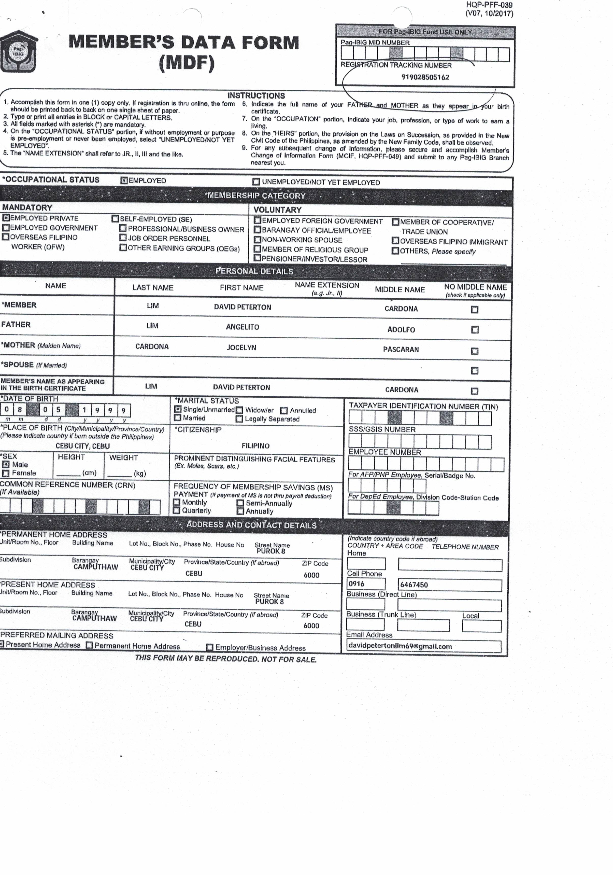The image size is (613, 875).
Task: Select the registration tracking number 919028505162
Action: click(425, 77)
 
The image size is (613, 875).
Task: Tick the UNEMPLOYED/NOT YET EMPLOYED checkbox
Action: click(256, 182)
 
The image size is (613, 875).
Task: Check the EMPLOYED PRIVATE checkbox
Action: click(6, 218)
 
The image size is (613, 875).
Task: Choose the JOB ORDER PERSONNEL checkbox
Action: click(123, 238)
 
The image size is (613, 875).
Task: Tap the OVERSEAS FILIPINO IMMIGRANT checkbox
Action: click(395, 241)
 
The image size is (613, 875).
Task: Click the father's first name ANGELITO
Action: click(242, 327)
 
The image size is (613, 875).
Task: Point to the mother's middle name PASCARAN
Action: click(401, 350)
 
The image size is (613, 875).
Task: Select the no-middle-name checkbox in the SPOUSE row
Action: click(474, 370)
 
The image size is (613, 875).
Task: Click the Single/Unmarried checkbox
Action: click(178, 409)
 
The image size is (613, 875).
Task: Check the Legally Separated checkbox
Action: click(239, 419)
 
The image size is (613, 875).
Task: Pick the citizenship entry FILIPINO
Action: click(256, 446)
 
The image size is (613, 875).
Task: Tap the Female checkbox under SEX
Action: click(6, 473)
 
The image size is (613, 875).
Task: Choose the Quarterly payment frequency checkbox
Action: click(177, 510)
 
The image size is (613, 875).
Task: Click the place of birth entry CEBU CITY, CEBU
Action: click(83, 446)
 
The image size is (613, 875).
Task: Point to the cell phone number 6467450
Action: click(414, 585)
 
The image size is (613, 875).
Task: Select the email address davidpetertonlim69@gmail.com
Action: click(400, 646)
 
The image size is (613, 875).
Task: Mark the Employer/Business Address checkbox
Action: click(209, 647)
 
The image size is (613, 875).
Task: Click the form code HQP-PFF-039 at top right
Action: click(489, 5)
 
